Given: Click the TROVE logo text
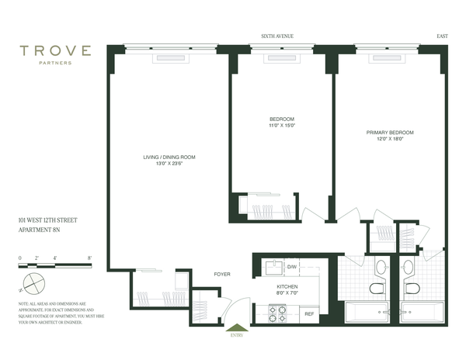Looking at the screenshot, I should coord(56,51).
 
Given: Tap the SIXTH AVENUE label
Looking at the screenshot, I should coord(278,36).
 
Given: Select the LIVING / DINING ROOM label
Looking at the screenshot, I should coord(169,157).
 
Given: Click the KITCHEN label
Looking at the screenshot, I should coord(287,286).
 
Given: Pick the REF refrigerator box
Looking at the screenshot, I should coord(308,313).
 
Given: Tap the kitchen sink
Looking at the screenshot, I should coord(273,268).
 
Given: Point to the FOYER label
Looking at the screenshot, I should coord(223,274).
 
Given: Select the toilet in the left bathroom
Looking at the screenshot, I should coord(376,289).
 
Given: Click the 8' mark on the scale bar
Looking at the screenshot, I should coord(90,257).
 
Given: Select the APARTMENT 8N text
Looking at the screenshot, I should coord(41,230).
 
